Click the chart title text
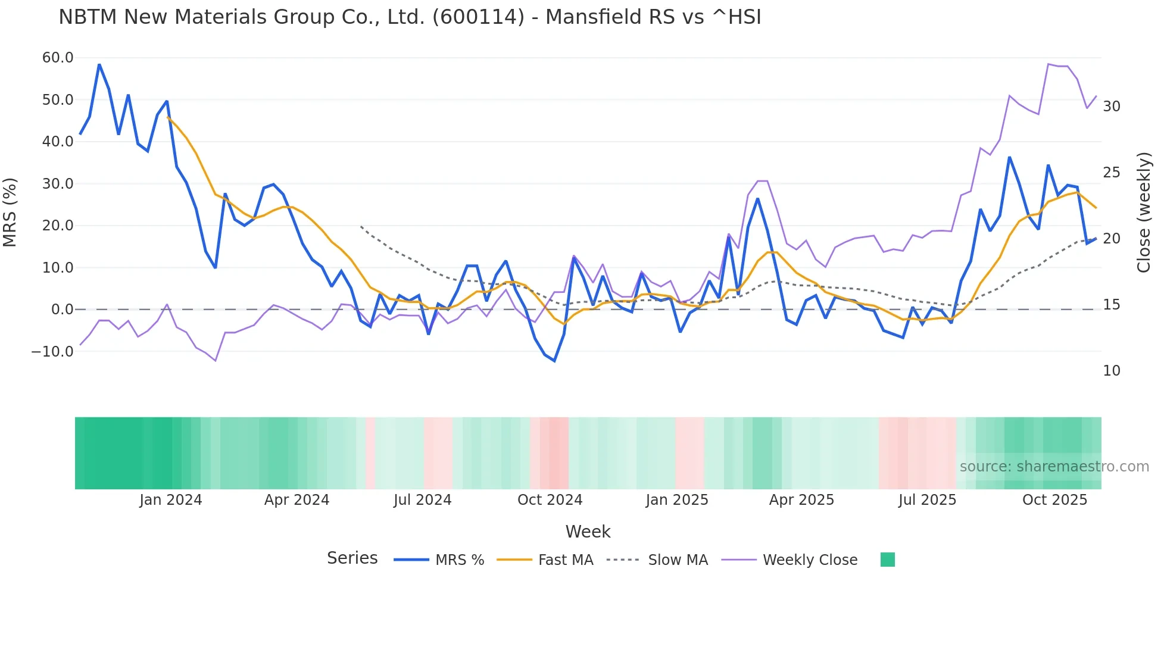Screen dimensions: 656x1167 (410, 17)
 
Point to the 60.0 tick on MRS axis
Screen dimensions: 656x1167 (58, 58)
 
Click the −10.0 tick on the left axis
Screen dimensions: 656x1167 (52, 351)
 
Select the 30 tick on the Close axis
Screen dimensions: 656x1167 (1111, 107)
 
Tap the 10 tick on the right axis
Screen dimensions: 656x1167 (1111, 371)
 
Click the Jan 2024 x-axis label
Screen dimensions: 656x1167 (171, 500)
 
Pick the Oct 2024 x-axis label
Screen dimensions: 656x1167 (550, 500)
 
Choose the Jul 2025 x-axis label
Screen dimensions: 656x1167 (927, 500)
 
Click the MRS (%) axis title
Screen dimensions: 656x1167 (10, 212)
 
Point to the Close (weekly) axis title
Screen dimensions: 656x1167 (1143, 212)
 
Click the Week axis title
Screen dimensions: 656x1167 (588, 532)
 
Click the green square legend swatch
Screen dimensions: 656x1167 (887, 560)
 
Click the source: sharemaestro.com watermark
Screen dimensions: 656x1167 (1054, 467)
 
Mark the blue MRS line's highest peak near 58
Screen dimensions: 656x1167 (99, 64)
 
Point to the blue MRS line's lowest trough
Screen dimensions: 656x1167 (554, 361)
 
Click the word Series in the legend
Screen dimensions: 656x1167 (352, 558)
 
